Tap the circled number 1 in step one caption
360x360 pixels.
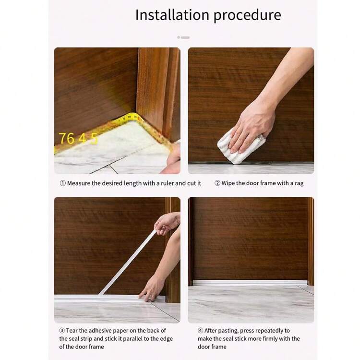[62, 183]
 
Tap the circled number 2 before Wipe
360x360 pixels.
[217, 183]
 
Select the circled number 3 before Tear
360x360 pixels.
[62, 330]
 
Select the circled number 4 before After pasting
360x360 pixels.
[201, 330]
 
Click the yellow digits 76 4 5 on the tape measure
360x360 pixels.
[78, 138]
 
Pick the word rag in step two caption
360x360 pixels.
[298, 183]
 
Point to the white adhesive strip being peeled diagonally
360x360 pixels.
[129, 261]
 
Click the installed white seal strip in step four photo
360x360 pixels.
[250, 283]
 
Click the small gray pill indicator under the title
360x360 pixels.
[183, 37]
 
